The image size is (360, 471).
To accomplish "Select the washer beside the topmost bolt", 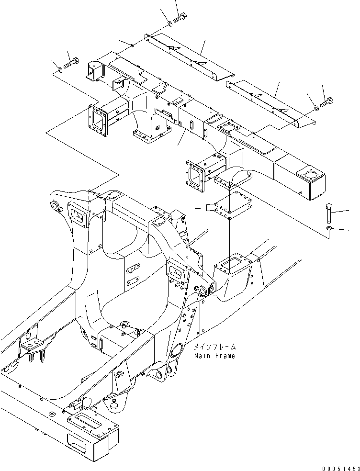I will coord(171,23).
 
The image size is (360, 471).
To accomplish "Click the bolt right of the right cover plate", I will coord(328,101).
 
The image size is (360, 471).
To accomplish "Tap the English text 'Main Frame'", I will coord(215,356).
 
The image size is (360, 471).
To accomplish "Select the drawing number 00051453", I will coord(338,466).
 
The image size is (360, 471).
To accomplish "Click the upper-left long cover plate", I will coord(189,56).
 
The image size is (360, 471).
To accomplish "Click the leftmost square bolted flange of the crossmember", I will coord(100,120).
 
